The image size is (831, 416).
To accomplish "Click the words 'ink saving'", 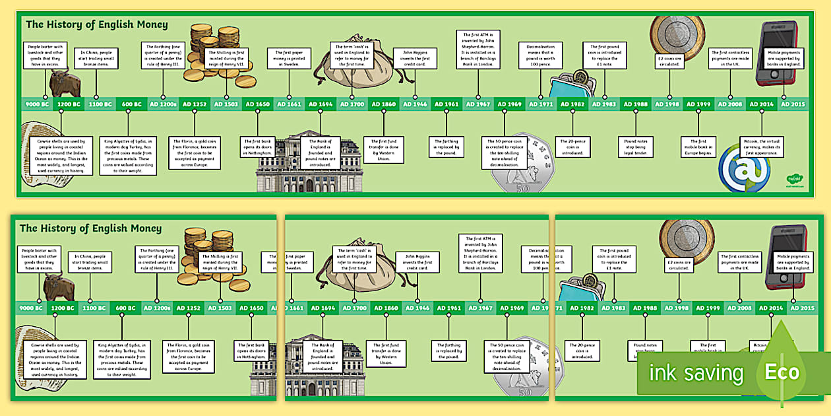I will tap(696, 374).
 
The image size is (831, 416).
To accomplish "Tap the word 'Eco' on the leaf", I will tap(782, 372).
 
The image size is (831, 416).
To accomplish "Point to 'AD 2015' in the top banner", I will tap(793, 104).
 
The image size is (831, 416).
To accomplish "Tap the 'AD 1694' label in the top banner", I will tap(321, 104).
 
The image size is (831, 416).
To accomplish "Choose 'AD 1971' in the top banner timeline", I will tap(541, 104).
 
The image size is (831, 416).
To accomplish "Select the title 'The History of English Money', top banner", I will tap(96, 25).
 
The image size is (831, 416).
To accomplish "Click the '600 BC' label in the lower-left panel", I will tap(125, 308).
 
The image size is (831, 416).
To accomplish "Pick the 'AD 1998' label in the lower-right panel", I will tap(677, 308).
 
